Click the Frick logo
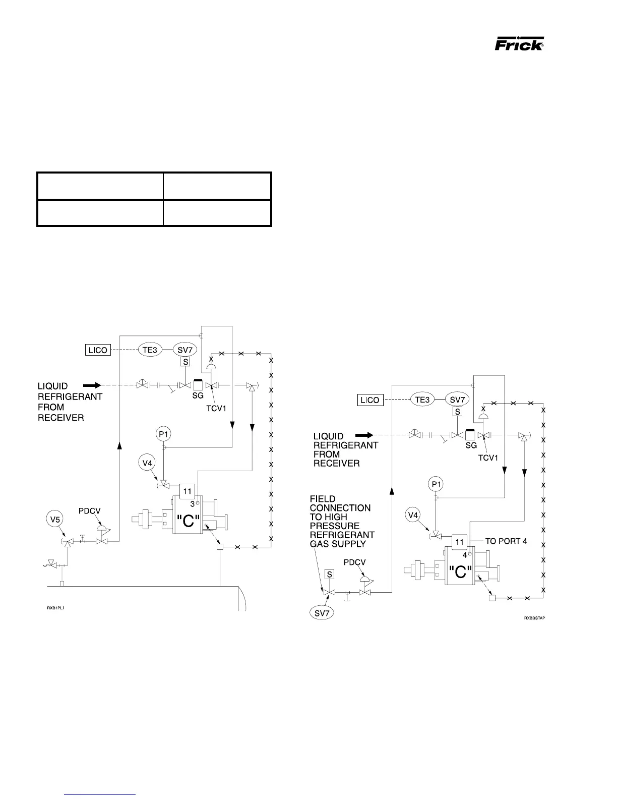[x=519, y=44]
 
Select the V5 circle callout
[x=54, y=518]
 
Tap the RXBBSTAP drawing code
[x=534, y=618]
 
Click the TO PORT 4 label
[x=506, y=541]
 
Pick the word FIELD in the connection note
[x=323, y=499]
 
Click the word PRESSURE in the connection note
[x=335, y=526]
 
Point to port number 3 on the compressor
[x=192, y=504]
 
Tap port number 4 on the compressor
[x=465, y=555]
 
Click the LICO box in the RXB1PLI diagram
[x=98, y=350]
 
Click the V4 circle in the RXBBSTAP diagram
[x=413, y=515]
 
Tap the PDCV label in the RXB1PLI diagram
[x=90, y=511]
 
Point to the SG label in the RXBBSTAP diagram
[x=471, y=446]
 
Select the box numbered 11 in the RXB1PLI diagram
[x=188, y=491]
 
